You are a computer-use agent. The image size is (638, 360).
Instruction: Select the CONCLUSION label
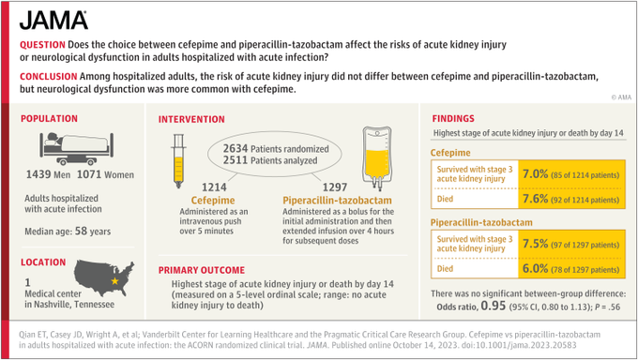(x=48, y=74)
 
